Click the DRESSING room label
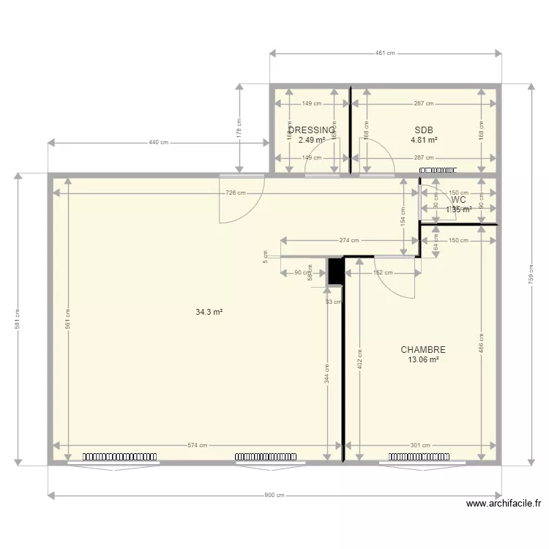tap(312, 130)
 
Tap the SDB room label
tap(424, 130)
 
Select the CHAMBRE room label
tap(423, 350)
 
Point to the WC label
tap(459, 200)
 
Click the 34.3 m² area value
tap(209, 312)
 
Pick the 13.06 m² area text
tap(423, 359)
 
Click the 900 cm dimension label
tap(274, 496)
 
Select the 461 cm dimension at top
tap(386, 53)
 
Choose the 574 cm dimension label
tap(197, 445)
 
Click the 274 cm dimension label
tap(350, 240)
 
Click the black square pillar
tap(335, 271)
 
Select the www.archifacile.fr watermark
tap(504, 504)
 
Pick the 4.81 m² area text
tap(424, 140)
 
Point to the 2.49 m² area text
tap(312, 140)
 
